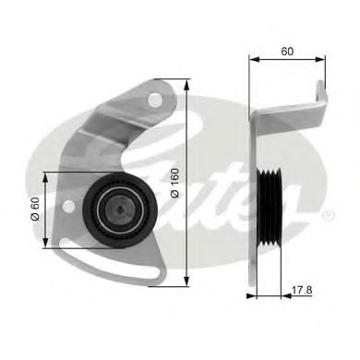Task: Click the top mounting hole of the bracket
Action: click(156, 98)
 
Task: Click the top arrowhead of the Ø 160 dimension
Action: click(188, 83)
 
